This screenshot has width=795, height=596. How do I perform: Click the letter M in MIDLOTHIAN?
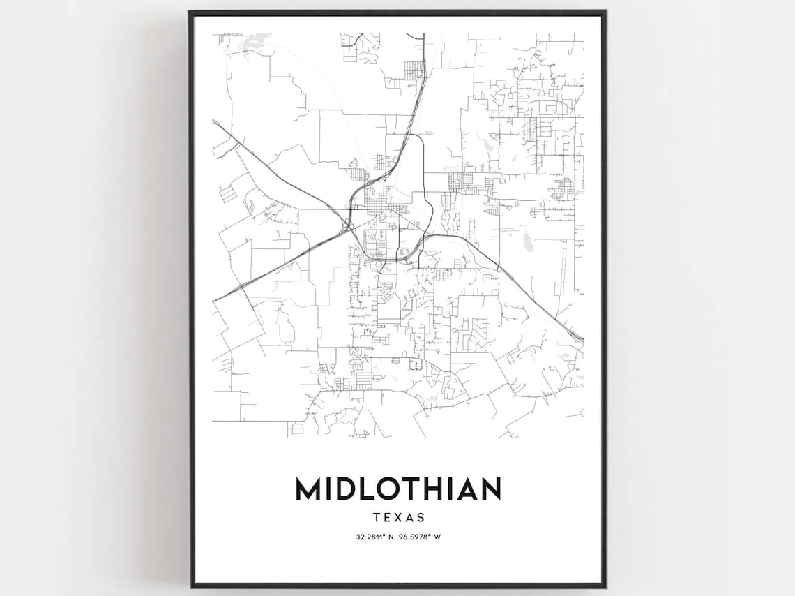click(x=309, y=489)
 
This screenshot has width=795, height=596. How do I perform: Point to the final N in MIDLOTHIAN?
click(x=488, y=489)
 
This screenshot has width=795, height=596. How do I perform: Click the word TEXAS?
click(x=398, y=518)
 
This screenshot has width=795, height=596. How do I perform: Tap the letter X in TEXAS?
click(x=397, y=518)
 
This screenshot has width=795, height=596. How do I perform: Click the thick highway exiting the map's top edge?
click(x=424, y=42)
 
